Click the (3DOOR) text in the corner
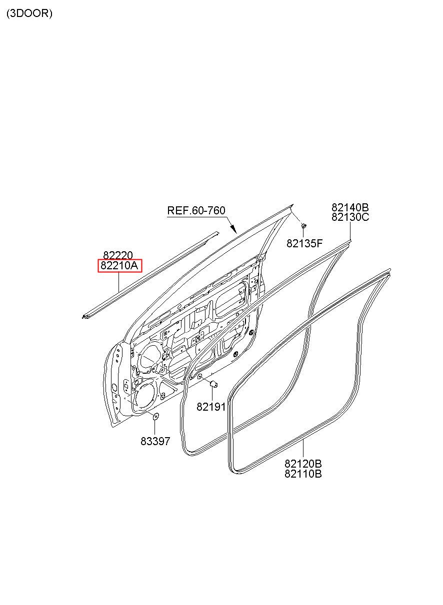click(29, 13)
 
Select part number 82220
click(118, 256)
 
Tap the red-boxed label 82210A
click(119, 266)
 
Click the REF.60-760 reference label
click(196, 211)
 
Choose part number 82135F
click(304, 243)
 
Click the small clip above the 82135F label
click(303, 227)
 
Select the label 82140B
click(349, 207)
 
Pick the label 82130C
click(349, 217)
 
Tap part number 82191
click(210, 407)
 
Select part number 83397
click(155, 441)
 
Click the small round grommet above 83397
click(155, 417)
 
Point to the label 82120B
click(303, 464)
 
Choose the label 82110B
click(303, 474)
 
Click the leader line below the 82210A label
click(118, 283)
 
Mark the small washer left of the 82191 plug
click(199, 376)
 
